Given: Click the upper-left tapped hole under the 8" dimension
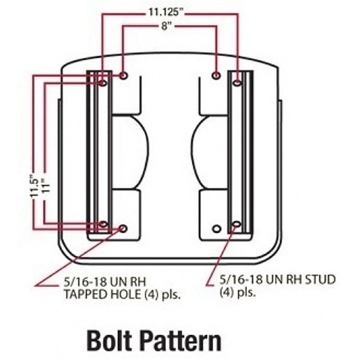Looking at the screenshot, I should (123, 76).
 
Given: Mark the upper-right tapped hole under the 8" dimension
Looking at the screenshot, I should (216, 76).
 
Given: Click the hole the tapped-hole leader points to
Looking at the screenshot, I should (123, 228).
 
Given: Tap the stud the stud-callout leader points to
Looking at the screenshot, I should (237, 224).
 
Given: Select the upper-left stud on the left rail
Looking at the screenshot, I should (103, 83).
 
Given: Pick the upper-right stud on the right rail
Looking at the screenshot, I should (237, 83).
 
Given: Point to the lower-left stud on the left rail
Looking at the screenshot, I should (103, 224).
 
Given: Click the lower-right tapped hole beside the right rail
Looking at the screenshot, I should (216, 229).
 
